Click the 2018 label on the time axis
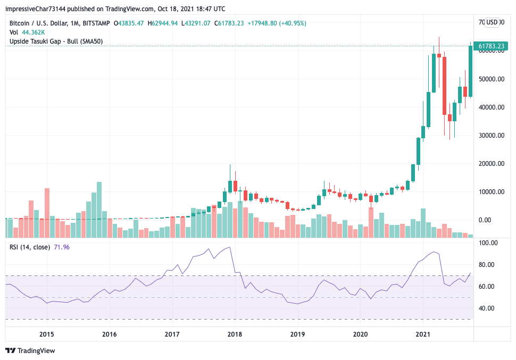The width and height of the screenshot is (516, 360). coord(235,334)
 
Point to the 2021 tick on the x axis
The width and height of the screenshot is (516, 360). coord(423,334)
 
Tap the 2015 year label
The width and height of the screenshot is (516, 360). coord(47,334)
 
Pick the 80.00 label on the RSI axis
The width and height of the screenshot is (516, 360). coord(489,265)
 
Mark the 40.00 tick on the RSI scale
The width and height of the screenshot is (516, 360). coord(489,308)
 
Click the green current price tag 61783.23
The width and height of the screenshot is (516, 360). coord(491,47)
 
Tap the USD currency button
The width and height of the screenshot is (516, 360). coord(492,22)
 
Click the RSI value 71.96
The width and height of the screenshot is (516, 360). coord(62,247)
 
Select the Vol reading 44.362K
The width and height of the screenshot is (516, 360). coord(33,32)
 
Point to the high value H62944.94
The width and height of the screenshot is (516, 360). coord(164,23)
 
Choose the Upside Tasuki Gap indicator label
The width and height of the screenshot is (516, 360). coord(56,41)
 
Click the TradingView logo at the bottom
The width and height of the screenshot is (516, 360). coord(30,351)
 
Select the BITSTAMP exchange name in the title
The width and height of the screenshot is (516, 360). coord(96,23)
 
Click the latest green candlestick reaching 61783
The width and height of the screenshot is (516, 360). coord(471,71)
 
